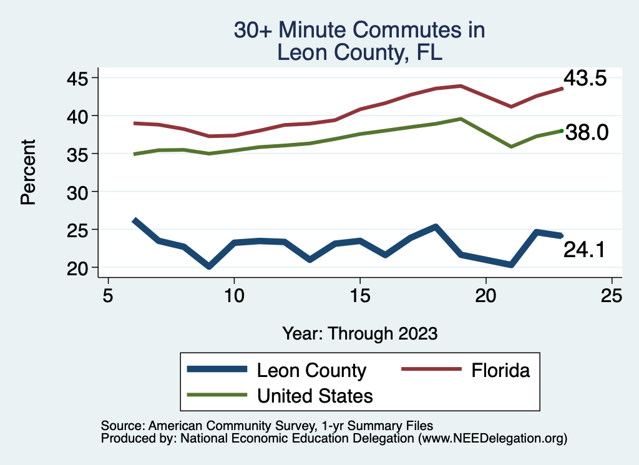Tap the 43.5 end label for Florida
(x=585, y=79)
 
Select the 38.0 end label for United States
(x=587, y=132)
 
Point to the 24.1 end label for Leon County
(x=585, y=250)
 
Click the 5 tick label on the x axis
(x=108, y=295)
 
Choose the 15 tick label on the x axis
(x=359, y=295)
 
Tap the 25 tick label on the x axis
(x=612, y=295)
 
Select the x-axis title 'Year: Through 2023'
(x=359, y=333)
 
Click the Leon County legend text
(x=311, y=370)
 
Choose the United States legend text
(x=315, y=396)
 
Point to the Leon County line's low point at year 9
(x=209, y=267)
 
